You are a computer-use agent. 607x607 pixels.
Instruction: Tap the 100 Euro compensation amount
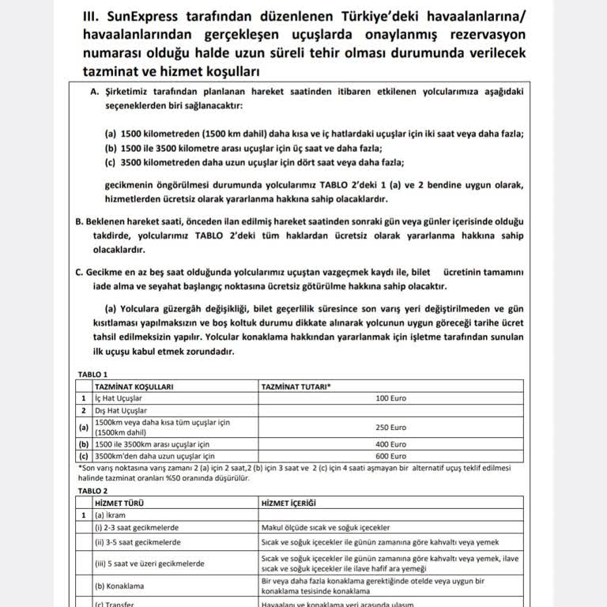coord(392,398)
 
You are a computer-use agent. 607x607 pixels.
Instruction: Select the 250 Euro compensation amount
coord(392,427)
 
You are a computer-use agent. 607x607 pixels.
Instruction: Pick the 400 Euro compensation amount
coord(392,444)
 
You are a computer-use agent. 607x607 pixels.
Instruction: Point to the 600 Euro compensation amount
coord(392,456)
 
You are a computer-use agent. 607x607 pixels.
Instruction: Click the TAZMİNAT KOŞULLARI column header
coord(134,386)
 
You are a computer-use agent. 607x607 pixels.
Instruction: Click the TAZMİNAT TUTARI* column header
coord(296,386)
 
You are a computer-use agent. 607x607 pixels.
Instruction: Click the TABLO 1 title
coord(94,374)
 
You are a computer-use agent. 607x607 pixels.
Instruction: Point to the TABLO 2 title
coord(94,490)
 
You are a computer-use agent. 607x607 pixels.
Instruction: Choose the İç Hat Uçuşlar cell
coord(119,398)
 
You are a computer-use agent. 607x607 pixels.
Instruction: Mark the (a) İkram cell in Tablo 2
coord(111,515)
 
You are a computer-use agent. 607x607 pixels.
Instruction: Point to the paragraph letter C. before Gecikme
coord(80,271)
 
